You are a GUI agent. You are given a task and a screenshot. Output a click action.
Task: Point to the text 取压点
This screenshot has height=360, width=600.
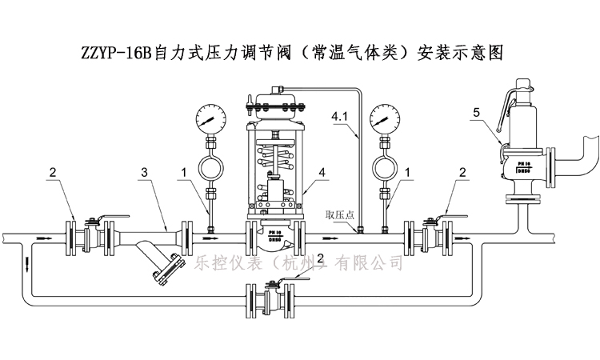(x=339, y=214)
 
